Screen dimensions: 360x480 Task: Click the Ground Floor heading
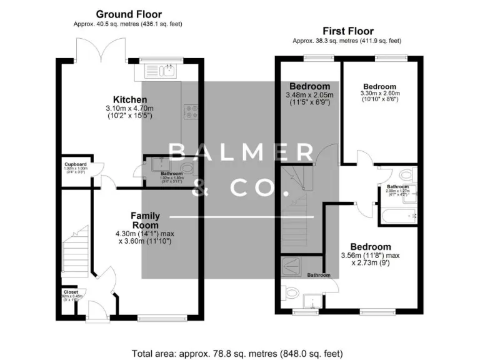tap(129, 14)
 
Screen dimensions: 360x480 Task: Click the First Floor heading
tap(347, 31)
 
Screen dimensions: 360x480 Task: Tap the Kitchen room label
tap(130, 99)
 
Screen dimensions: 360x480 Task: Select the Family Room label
tap(145, 220)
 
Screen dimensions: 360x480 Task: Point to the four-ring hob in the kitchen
tap(190, 112)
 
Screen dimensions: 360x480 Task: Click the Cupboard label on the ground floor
tap(75, 164)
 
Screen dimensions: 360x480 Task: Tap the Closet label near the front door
tap(71, 292)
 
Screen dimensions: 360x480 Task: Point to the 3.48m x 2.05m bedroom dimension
tap(309, 98)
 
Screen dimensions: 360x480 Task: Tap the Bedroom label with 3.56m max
tap(370, 247)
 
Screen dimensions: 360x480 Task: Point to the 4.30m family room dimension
tap(145, 234)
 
